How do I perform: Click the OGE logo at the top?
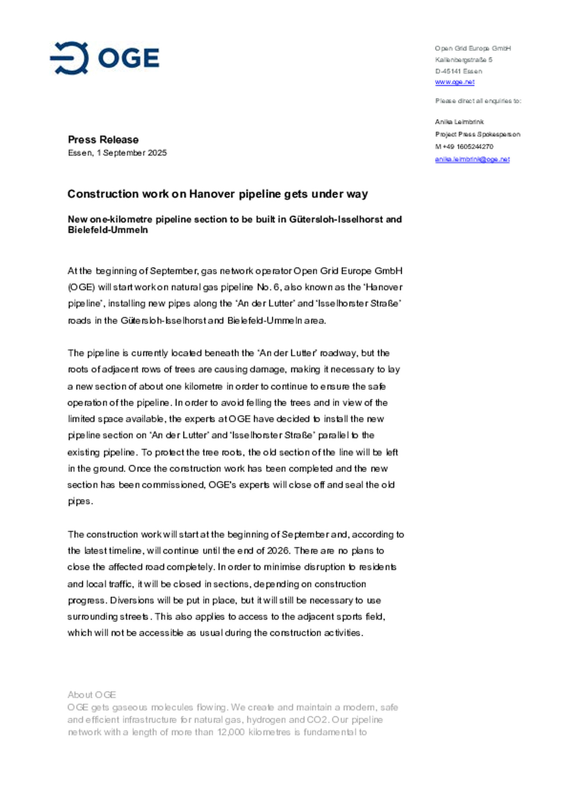105,58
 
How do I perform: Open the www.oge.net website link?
454,82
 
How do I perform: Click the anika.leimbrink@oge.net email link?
472,159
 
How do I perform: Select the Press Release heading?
103,140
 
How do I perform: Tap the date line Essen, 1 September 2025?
117,153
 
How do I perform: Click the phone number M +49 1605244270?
464,147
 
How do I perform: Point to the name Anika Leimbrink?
459,122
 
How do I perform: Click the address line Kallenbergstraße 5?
463,60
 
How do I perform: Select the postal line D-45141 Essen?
458,71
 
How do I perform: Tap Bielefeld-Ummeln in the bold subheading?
108,230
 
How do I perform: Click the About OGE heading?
92,695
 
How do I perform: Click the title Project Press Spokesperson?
477,135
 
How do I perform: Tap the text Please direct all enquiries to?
478,101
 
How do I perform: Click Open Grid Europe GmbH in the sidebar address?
473,49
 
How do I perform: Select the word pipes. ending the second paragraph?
80,501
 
